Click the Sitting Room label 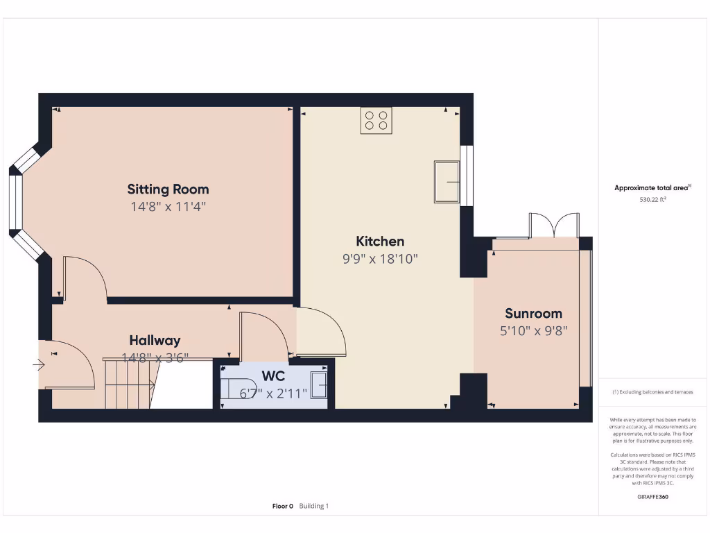click(x=168, y=189)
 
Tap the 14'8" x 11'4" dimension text click(x=168, y=206)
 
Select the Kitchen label click(x=380, y=242)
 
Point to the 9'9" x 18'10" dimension click(x=380, y=259)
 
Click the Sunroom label click(x=533, y=313)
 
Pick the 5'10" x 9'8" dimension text click(x=533, y=331)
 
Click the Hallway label click(x=155, y=340)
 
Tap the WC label click(x=272, y=377)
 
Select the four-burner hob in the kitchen click(x=376, y=120)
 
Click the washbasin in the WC click(x=319, y=385)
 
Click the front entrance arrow click(x=37, y=364)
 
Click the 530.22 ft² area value click(x=652, y=199)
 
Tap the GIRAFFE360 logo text click(x=652, y=497)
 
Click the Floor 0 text click(x=283, y=506)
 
